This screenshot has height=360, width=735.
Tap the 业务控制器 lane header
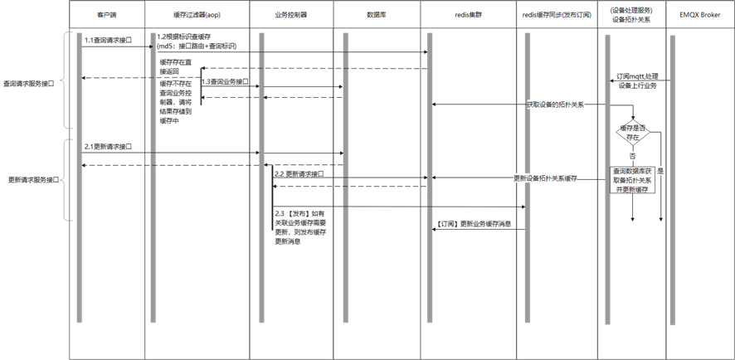291,15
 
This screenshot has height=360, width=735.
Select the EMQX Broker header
699,15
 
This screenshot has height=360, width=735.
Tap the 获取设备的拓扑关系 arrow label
555,105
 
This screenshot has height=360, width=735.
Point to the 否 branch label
633,155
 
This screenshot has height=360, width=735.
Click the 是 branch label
660,170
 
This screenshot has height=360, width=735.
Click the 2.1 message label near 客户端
108,146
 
